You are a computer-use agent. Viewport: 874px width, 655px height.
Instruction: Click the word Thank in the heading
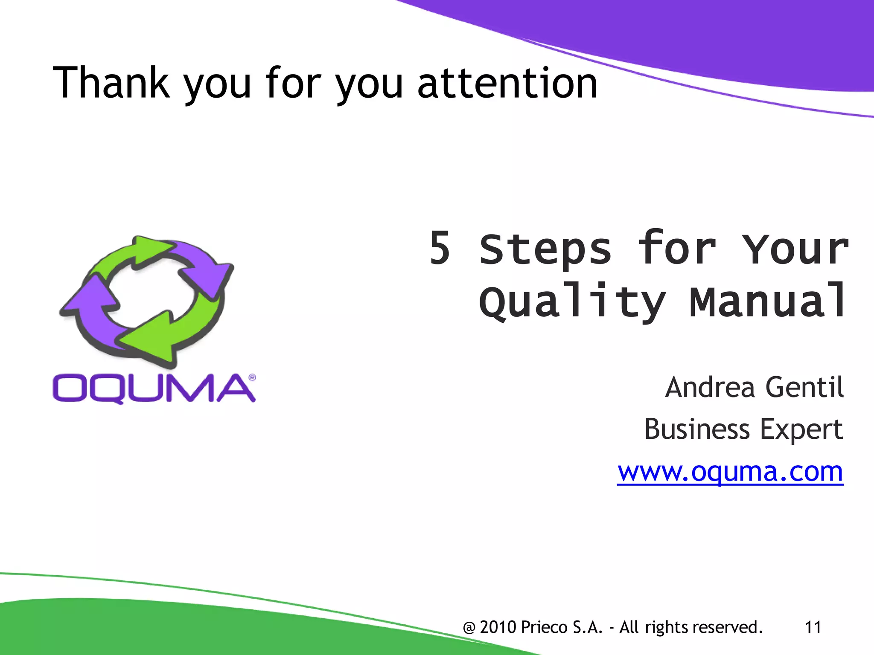pyautogui.click(x=111, y=83)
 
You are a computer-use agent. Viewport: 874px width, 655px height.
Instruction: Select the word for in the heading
pyautogui.click(x=292, y=83)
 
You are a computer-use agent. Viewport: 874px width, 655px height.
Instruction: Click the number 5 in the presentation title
pyautogui.click(x=440, y=248)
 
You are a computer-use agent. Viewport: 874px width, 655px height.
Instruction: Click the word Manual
pyautogui.click(x=767, y=301)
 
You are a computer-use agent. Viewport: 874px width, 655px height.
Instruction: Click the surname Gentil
pyautogui.click(x=804, y=387)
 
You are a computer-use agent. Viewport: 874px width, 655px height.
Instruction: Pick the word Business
pyautogui.click(x=696, y=429)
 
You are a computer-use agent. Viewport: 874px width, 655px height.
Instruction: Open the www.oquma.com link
pyautogui.click(x=730, y=472)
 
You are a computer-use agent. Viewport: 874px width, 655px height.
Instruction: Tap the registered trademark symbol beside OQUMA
pyautogui.click(x=252, y=377)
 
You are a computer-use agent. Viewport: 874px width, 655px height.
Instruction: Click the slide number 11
pyautogui.click(x=813, y=627)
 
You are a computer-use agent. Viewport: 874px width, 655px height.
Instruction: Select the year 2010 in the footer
pyautogui.click(x=498, y=627)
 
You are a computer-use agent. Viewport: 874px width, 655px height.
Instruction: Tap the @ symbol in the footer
pyautogui.click(x=469, y=628)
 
